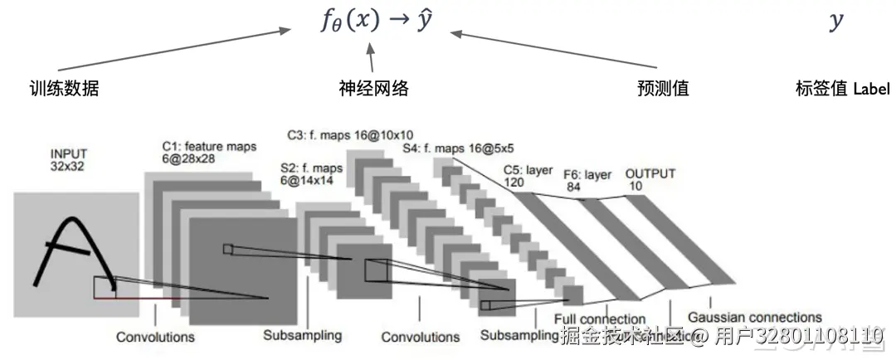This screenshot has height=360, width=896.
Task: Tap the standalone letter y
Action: [x=835, y=22]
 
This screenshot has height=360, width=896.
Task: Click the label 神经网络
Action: [x=374, y=88]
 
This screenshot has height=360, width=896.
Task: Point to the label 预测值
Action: [x=663, y=88]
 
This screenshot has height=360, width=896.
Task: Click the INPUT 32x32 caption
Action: [x=69, y=159]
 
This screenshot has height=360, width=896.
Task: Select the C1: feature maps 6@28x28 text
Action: [x=209, y=153]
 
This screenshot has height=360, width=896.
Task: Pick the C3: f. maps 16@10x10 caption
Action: [x=350, y=134]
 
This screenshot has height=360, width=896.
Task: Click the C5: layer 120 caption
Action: [x=528, y=176]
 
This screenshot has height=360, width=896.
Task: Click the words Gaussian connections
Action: [x=754, y=318]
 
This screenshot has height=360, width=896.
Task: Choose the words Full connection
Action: [x=600, y=319]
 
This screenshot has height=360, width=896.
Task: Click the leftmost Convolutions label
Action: [x=155, y=337]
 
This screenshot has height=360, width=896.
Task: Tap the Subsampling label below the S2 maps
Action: [x=303, y=336]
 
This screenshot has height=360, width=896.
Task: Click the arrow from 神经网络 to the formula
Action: [x=371, y=58]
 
